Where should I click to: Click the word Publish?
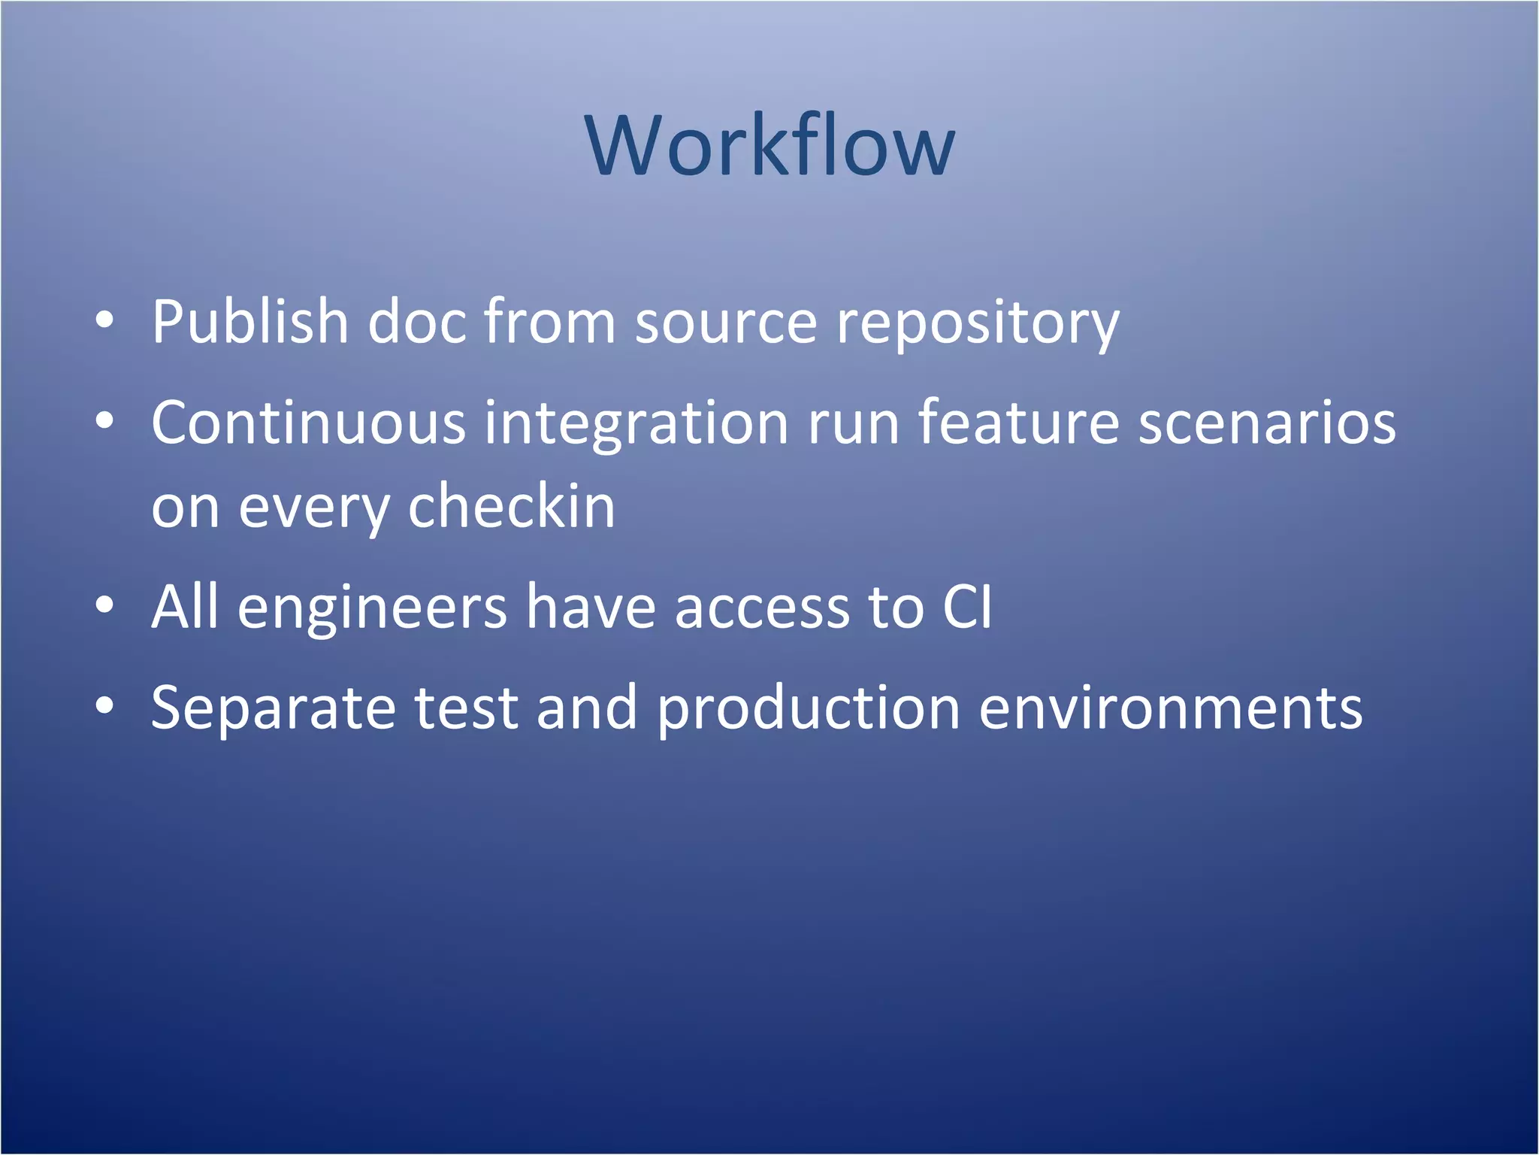(250, 322)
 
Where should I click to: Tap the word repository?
(978, 323)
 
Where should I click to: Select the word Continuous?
(308, 423)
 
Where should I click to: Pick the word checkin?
(511, 507)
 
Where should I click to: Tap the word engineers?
(372, 608)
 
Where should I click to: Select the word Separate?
(273, 708)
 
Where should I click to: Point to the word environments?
(1170, 708)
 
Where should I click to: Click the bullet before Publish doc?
(104, 321)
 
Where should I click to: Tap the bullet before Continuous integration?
(104, 422)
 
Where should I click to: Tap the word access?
(762, 608)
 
